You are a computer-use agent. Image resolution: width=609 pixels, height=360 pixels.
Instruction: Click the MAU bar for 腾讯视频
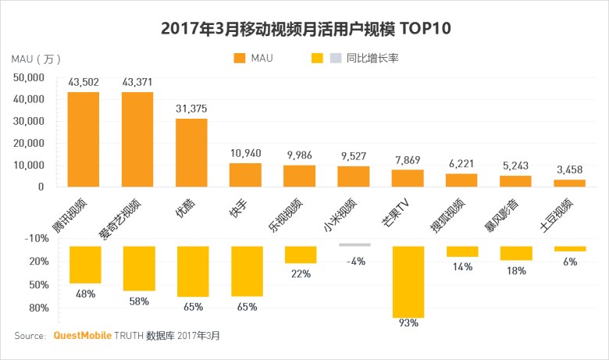[x=83, y=140]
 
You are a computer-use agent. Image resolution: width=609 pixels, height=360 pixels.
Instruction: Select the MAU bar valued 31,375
[x=191, y=152]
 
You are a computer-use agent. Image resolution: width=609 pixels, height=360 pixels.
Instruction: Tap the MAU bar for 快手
[x=245, y=175]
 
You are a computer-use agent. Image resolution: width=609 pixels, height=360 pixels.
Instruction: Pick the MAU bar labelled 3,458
[x=569, y=183]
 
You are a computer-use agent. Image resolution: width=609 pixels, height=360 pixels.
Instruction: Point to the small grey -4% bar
[x=354, y=244]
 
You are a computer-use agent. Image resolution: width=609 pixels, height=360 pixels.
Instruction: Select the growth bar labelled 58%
[x=138, y=269]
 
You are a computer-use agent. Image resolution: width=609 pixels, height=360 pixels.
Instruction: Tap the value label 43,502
[x=83, y=82]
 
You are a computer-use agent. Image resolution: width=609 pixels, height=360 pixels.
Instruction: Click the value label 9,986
[x=299, y=154]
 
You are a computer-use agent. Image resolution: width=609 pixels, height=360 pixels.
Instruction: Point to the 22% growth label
[x=301, y=273]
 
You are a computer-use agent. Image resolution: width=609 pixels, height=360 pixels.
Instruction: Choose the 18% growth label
[x=516, y=270]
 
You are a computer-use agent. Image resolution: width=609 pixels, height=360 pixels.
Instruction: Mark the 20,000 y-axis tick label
[x=30, y=143]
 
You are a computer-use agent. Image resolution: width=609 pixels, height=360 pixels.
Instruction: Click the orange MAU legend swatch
[x=239, y=58]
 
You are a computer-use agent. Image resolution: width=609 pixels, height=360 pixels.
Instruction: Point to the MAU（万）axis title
[x=36, y=59]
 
